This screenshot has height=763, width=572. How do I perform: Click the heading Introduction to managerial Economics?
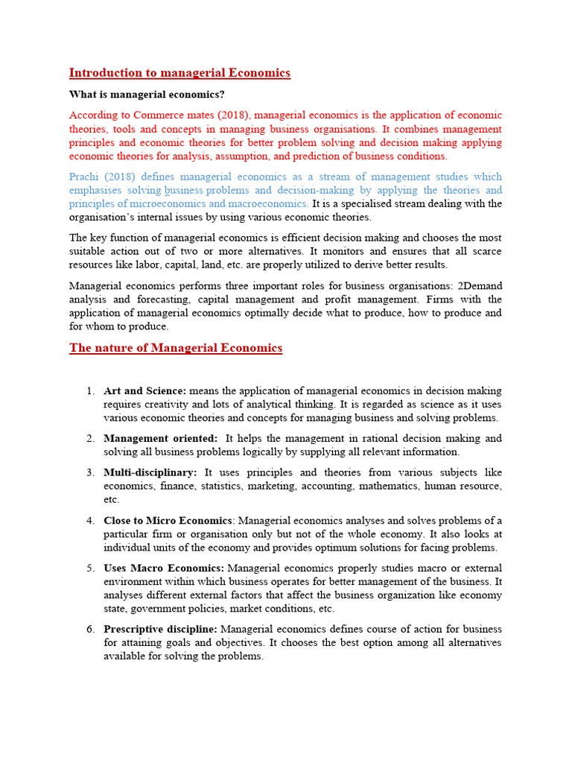179,73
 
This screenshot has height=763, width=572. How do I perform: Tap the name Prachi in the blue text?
83,177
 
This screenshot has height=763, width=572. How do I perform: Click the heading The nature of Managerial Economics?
176,348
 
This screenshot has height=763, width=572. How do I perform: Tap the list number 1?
89,391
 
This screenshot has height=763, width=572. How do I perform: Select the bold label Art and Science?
145,391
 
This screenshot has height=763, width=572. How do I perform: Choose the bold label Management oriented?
161,439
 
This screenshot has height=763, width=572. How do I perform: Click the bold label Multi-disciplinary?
150,472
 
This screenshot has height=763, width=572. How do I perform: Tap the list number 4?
89,520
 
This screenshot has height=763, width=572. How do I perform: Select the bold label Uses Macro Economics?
164,568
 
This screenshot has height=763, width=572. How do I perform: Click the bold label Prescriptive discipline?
161,630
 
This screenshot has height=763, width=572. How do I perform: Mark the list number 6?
89,630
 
